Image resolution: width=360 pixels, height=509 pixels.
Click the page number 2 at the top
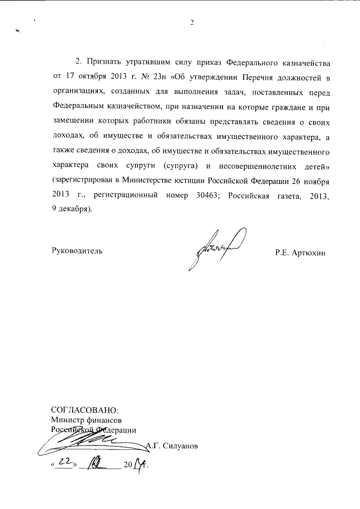coord(192,23)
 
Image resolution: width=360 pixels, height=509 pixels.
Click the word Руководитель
coord(77,251)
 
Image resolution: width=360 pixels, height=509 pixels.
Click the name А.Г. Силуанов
coord(172,447)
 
